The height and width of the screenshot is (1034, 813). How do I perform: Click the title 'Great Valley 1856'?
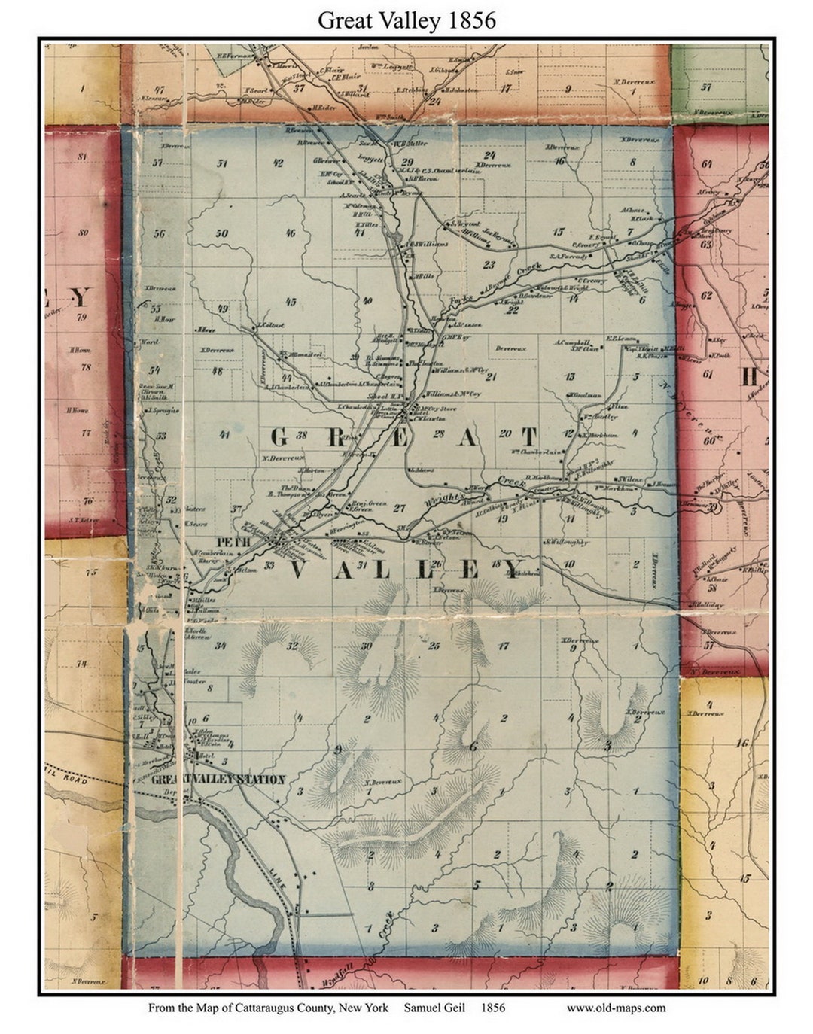click(406, 20)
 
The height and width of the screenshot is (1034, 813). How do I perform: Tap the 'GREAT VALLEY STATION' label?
click(218, 780)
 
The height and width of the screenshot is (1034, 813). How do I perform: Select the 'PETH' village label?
click(227, 541)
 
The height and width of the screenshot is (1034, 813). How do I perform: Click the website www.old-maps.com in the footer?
click(616, 1008)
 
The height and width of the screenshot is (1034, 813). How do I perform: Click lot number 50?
click(221, 233)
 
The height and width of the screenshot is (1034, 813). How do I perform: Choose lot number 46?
click(290, 233)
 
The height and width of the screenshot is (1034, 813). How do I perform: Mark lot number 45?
click(291, 302)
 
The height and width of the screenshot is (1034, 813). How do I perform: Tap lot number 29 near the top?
click(407, 163)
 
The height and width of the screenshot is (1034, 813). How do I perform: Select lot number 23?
click(489, 264)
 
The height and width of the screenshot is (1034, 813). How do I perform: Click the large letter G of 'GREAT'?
click(279, 437)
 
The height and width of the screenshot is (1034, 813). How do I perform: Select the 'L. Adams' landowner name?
click(421, 470)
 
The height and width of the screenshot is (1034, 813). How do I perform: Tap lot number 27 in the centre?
click(399, 508)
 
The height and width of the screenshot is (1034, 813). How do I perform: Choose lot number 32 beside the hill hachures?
click(292, 645)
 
